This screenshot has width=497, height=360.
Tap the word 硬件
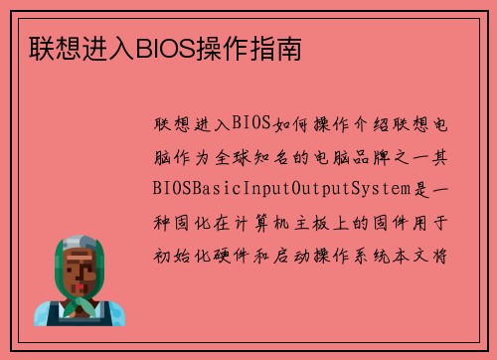point(235,252)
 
